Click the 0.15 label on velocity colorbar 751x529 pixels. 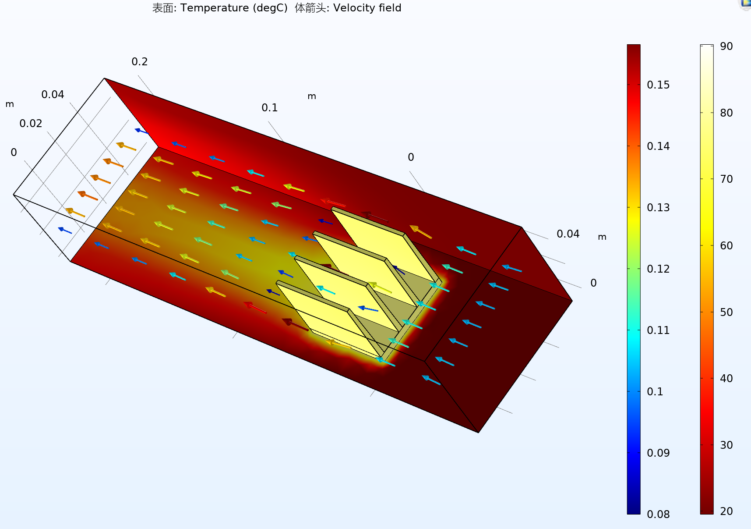coord(658,85)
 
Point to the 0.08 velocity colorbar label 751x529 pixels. coord(658,515)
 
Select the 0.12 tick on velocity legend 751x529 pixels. coord(658,269)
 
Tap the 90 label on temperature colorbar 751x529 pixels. coord(726,46)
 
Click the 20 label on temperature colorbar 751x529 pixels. coord(726,511)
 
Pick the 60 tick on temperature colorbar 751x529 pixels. coord(726,246)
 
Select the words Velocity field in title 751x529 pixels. coord(367,8)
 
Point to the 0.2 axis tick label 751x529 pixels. coord(140,62)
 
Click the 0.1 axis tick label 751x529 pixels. coord(269,108)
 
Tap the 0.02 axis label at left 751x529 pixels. coord(31,124)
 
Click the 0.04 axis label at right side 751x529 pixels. coord(568,234)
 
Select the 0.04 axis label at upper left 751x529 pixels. coord(53,95)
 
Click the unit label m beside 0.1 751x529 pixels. coord(312,96)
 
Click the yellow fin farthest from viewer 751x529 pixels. coord(381,245)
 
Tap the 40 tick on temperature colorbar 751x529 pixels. coord(726,379)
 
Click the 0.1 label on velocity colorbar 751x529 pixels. coord(655,392)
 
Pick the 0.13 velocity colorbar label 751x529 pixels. coord(658,208)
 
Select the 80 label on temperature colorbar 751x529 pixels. coord(726,113)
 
